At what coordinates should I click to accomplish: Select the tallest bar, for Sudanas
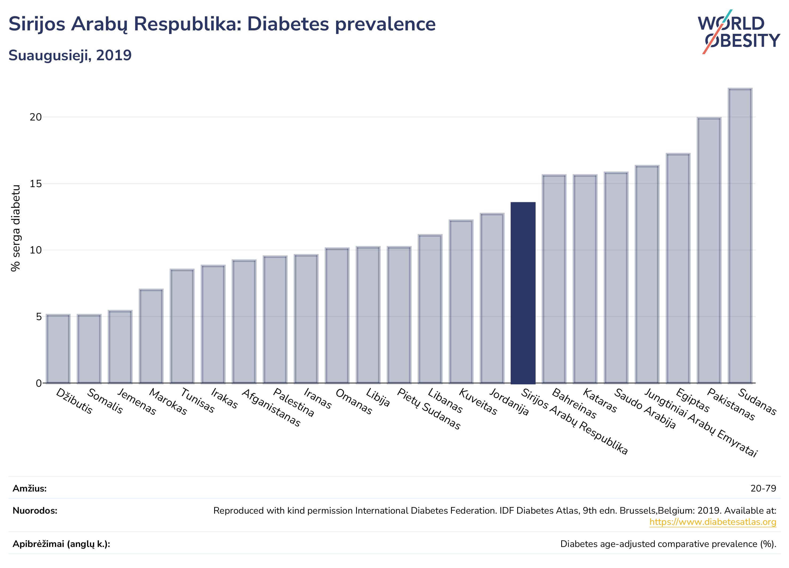click(x=740, y=236)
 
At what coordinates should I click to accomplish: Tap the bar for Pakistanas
click(x=709, y=250)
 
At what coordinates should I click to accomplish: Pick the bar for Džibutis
click(x=58, y=349)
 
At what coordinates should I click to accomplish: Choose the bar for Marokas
click(x=151, y=336)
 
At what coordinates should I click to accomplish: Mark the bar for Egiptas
click(x=678, y=268)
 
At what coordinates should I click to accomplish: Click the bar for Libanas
click(x=430, y=309)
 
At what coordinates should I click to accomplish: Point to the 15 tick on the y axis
click(x=35, y=184)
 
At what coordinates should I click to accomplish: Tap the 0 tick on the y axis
click(x=39, y=383)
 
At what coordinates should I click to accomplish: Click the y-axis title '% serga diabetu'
click(x=16, y=228)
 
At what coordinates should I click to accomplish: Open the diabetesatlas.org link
click(x=713, y=522)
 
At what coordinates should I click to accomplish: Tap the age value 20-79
click(x=763, y=488)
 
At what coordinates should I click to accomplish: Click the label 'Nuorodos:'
click(x=35, y=511)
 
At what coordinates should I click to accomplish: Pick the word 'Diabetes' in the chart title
click(x=288, y=24)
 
